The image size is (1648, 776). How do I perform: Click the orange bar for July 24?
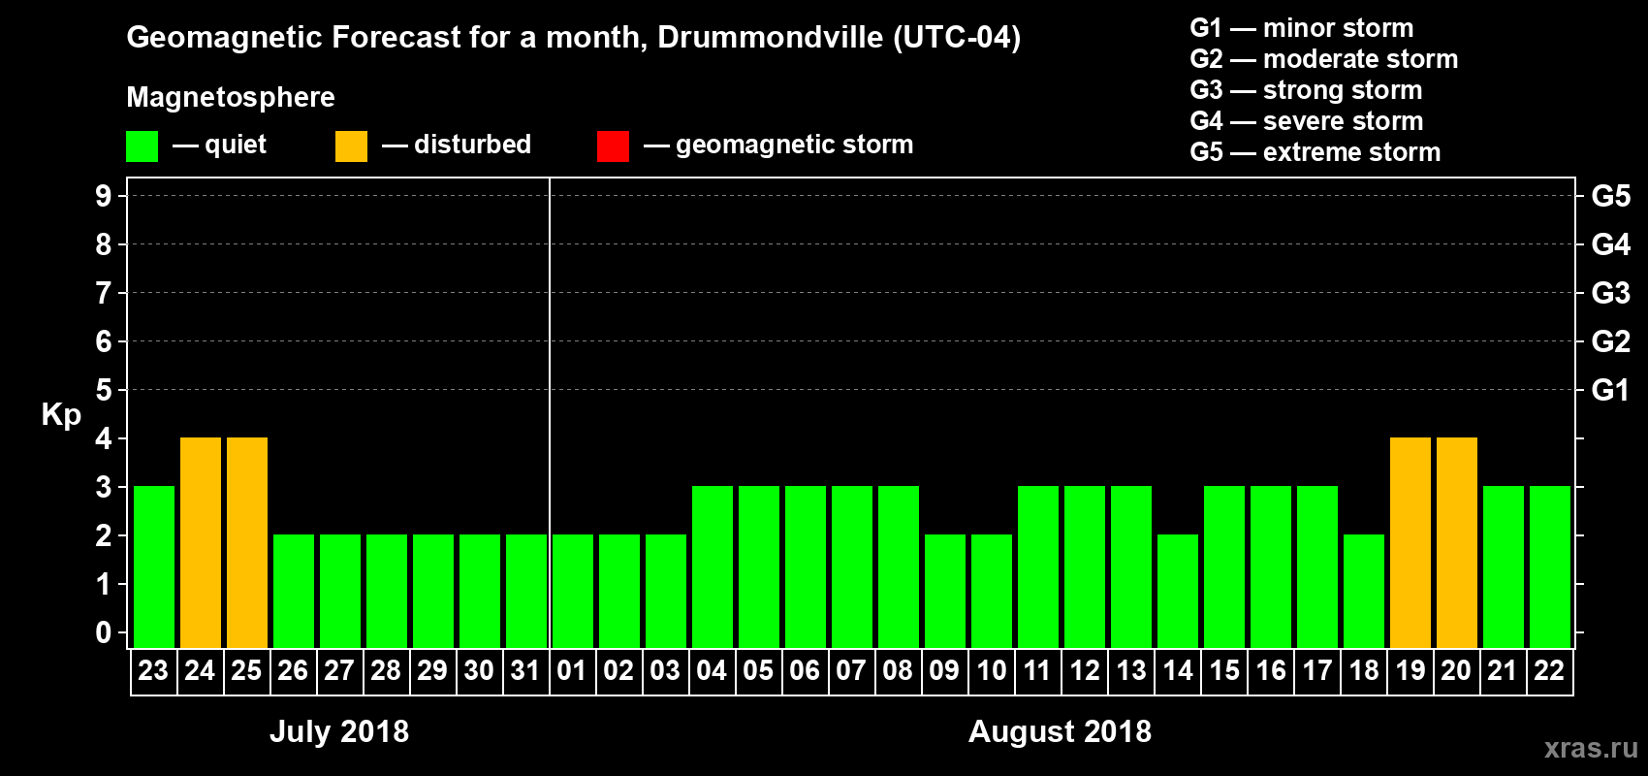[x=201, y=542]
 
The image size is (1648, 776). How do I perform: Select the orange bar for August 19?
[x=1410, y=542]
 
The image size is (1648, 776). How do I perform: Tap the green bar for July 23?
[x=154, y=566]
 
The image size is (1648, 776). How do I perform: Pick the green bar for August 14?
[x=1178, y=591]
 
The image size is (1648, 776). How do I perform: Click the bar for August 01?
[x=573, y=591]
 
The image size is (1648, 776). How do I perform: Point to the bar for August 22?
[x=1550, y=566]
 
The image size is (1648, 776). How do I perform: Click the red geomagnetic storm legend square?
[x=613, y=146]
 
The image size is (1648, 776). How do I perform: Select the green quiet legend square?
[x=143, y=146]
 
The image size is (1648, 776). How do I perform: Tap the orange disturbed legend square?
[x=351, y=146]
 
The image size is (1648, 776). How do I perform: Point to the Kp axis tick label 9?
[x=104, y=196]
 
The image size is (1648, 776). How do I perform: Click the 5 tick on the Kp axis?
[x=104, y=390]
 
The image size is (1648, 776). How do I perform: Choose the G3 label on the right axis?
[x=1610, y=293]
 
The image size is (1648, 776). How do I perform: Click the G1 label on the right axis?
[x=1610, y=390]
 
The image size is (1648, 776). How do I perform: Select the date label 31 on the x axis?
[x=525, y=671]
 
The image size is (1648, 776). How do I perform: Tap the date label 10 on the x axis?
[x=991, y=671]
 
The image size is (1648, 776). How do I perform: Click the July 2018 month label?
[x=339, y=731]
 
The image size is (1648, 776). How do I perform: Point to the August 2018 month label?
[x=1060, y=731]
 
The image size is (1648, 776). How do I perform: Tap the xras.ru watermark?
[x=1590, y=748]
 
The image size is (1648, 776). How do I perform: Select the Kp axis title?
[x=61, y=415]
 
